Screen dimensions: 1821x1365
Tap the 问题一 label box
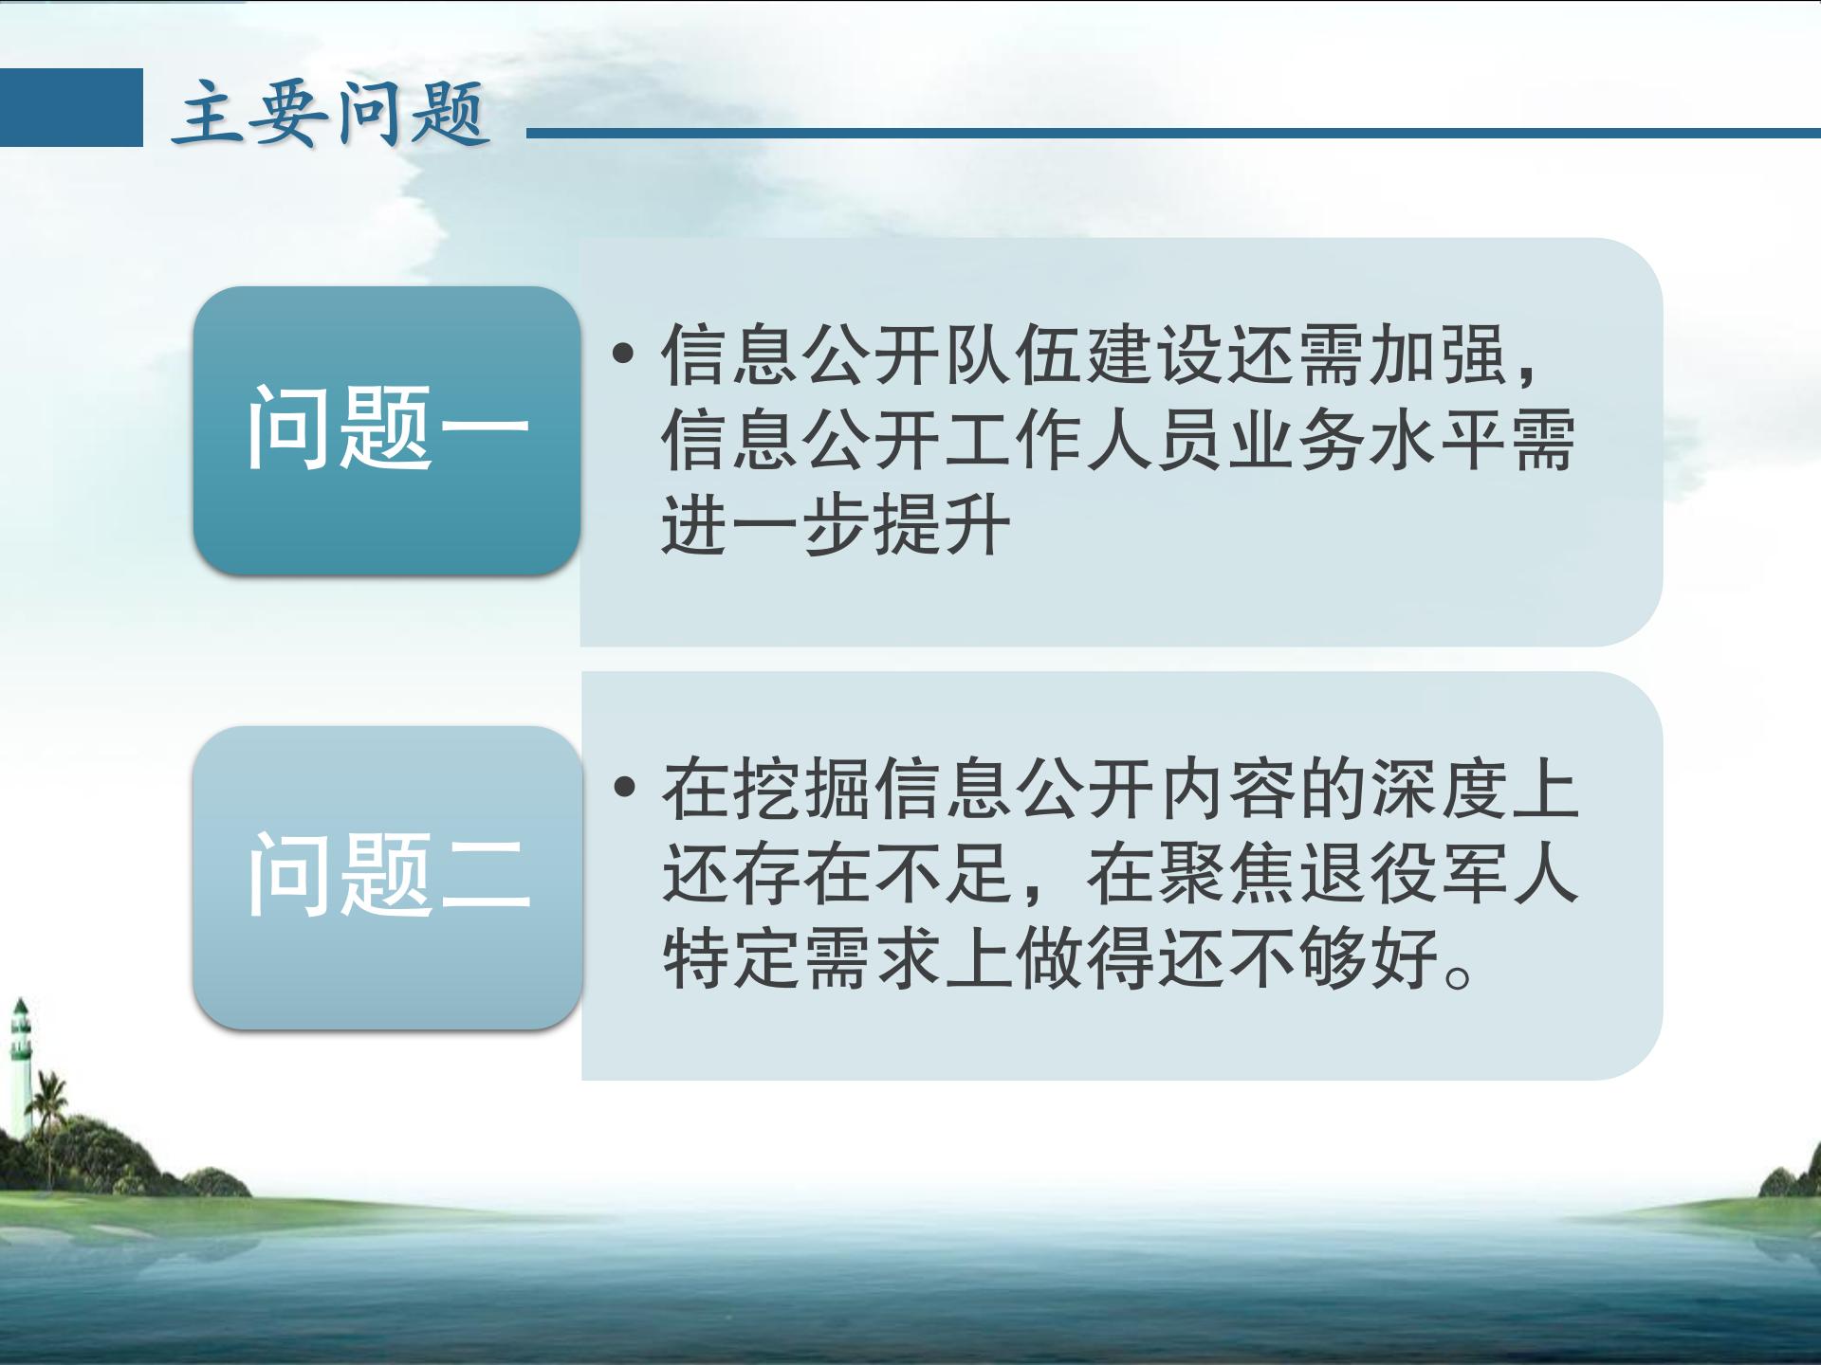pyautogui.click(x=387, y=430)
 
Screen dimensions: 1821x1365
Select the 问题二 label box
pyautogui.click(x=387, y=877)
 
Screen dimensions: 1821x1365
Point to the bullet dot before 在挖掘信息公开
pyautogui.click(x=624, y=787)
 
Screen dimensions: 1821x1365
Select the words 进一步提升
pyautogui.click(x=836, y=523)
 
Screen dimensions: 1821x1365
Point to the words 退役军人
pyautogui.click(x=1439, y=874)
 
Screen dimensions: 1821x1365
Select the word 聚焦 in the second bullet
pyautogui.click(x=1226, y=874)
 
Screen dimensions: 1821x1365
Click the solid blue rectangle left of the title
pyautogui.click(x=71, y=107)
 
